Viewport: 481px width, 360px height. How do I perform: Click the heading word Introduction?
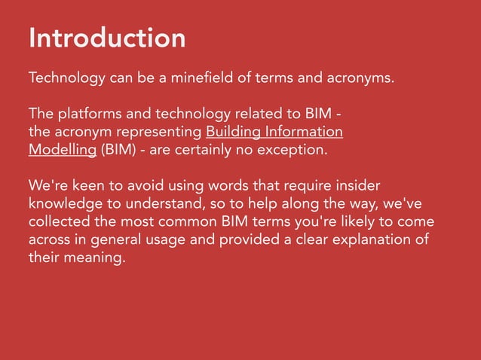pyautogui.click(x=106, y=38)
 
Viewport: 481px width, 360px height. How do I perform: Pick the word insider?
pyautogui.click(x=359, y=185)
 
